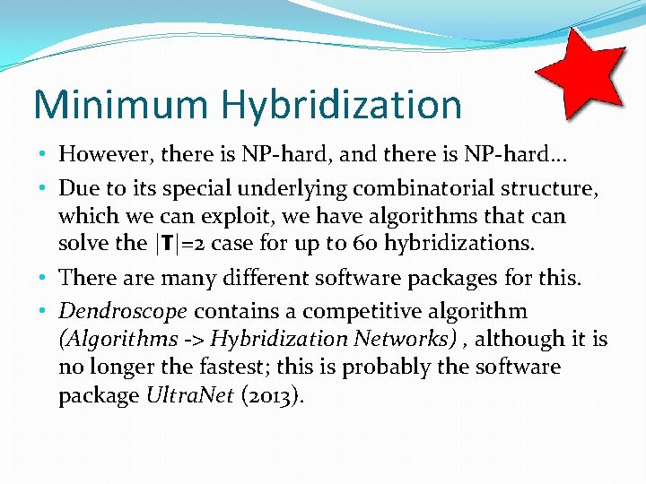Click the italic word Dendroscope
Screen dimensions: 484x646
click(x=123, y=311)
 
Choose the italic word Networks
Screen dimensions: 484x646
click(x=395, y=339)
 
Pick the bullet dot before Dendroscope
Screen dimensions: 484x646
click(x=45, y=312)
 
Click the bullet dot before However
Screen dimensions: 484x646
click(x=45, y=155)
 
